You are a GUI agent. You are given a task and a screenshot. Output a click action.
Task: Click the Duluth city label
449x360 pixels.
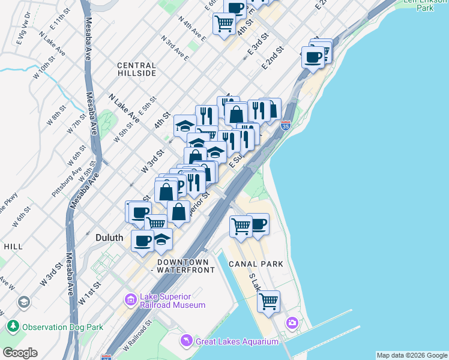110,238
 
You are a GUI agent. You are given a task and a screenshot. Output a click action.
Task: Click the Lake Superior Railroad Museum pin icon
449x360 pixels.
131,299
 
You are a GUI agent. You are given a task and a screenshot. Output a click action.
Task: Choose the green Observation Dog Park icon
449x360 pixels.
12,327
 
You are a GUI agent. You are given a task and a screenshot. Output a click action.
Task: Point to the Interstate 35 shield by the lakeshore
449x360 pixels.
286,126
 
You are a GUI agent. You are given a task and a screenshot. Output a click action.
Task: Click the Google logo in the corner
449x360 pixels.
20,353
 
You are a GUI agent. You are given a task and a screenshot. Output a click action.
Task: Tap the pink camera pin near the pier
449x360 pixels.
292,323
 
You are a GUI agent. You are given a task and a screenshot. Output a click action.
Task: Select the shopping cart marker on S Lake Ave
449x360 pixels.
268,300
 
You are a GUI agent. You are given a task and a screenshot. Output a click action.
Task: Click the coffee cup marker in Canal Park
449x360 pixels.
258,224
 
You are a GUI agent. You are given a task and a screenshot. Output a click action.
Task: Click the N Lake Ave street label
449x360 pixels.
124,109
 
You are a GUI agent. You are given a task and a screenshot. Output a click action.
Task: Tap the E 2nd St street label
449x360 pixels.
272,58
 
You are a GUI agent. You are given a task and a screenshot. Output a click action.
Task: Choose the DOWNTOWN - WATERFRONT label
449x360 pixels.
185,266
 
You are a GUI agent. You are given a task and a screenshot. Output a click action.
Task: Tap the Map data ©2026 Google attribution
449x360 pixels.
412,355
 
